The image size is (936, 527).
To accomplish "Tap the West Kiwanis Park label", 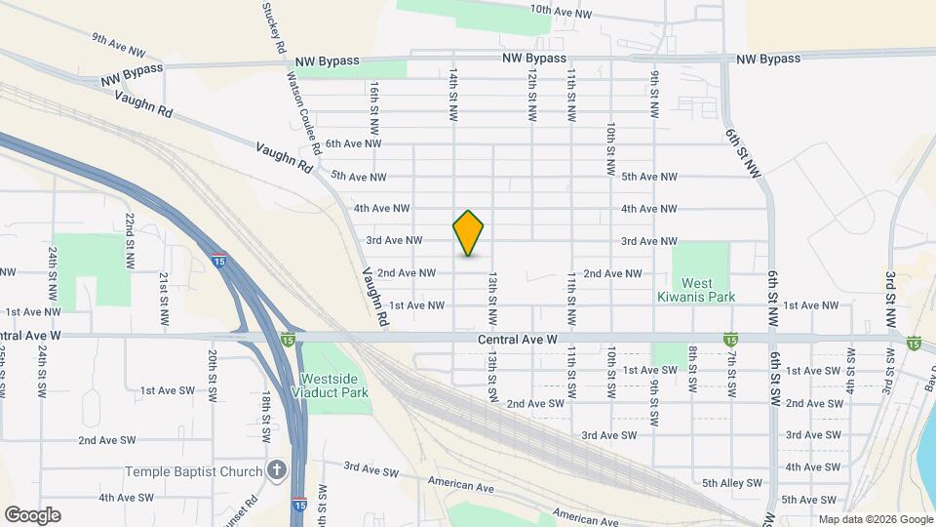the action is click(701, 289).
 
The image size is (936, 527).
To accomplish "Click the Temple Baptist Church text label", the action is click(194, 472).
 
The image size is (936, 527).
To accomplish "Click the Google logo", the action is click(32, 514).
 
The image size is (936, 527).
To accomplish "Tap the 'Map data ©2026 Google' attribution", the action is click(875, 519).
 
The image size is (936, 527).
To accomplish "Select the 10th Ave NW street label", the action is click(561, 13).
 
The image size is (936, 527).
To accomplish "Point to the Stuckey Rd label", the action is click(274, 27).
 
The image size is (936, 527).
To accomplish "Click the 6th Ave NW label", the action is click(352, 143).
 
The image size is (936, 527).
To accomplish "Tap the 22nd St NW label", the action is click(129, 240).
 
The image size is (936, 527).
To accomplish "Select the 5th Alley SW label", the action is click(728, 482).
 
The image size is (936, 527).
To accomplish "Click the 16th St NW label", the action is click(374, 106).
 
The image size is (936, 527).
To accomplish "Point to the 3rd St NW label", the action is click(890, 299).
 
